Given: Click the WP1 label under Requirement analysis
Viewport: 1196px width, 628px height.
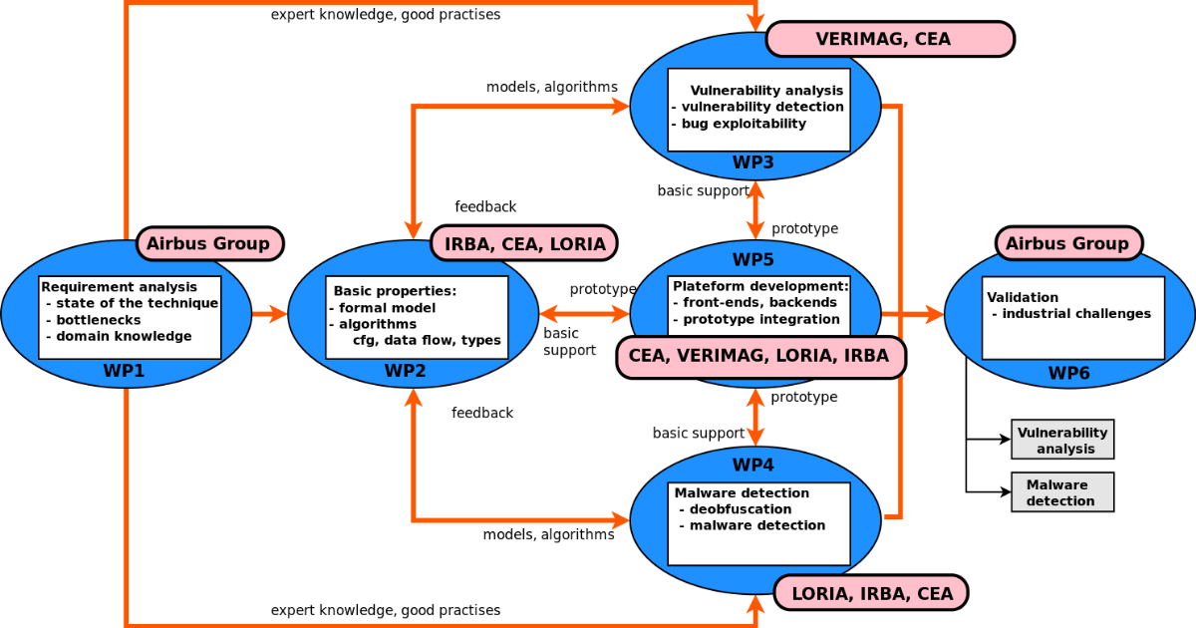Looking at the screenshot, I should click(124, 371).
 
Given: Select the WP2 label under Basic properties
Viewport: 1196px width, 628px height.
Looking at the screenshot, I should click(406, 371).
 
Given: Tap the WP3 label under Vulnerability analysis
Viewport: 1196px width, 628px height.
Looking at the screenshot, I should click(753, 161).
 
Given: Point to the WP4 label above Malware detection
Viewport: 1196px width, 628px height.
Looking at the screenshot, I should click(753, 465).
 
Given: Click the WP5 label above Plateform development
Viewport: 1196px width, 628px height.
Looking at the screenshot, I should click(753, 260).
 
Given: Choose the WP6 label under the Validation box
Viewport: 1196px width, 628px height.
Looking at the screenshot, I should click(1068, 373).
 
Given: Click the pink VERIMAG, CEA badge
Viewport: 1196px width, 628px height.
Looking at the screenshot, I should click(889, 39).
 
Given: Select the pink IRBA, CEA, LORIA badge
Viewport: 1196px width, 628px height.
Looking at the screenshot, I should click(524, 243).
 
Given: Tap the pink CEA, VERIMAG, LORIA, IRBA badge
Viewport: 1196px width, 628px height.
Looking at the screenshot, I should click(760, 357).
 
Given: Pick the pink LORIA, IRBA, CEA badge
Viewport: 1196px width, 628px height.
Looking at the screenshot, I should click(871, 593).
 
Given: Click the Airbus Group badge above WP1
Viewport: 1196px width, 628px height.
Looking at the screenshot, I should click(208, 243).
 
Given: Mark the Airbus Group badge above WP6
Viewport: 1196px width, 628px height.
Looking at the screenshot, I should click(1068, 243).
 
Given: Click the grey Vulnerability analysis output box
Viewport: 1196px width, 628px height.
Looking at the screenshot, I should click(1062, 440).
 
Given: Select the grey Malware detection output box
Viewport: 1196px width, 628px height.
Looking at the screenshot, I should click(1062, 492).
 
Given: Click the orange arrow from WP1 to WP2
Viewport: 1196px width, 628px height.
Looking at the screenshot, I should click(269, 315).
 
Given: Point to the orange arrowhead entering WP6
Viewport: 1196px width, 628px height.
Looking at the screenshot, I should click(935, 315).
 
